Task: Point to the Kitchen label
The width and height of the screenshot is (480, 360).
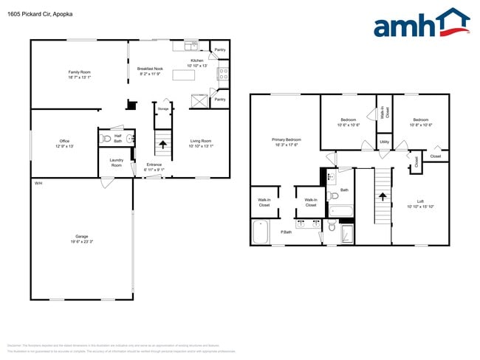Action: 196,63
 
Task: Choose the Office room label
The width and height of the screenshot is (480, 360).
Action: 64,143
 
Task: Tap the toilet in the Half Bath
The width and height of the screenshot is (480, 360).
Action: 106,138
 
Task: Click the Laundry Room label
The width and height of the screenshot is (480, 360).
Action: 116,163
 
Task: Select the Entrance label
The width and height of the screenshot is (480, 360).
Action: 154,167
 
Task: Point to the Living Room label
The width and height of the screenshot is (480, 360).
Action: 201,143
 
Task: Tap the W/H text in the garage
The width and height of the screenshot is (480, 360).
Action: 38,183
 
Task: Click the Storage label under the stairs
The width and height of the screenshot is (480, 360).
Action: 162,108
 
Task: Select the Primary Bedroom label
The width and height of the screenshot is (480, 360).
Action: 287,142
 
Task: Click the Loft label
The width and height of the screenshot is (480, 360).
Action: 420,204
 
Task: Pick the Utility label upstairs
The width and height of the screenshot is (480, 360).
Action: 384,142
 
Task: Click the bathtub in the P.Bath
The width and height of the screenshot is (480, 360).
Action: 261,233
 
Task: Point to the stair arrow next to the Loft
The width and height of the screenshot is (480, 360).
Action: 382,197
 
